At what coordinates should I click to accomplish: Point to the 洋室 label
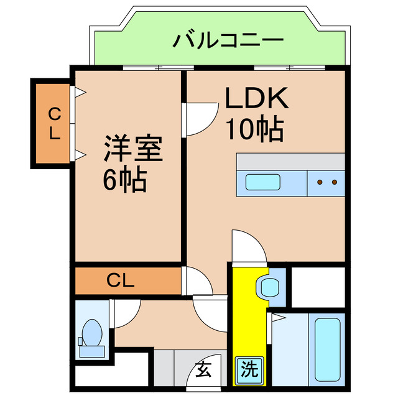pos(132,149)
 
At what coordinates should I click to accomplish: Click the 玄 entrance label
pos(204,370)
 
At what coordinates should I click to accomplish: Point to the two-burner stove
pos(326,182)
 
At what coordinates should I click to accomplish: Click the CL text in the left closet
pos(55,123)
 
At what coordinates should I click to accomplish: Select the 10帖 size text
pos(255,129)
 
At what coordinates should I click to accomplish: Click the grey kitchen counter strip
pos(290,160)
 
